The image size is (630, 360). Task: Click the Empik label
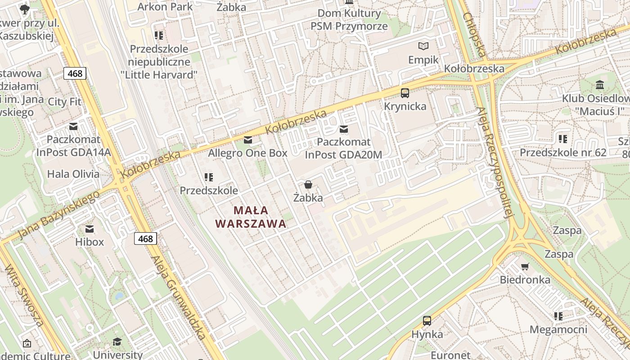point(423,60)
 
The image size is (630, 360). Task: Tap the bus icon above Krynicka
point(405,93)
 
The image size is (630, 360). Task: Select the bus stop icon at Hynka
point(427,321)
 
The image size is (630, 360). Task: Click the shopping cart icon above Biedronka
point(525,266)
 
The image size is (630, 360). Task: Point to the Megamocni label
point(558,329)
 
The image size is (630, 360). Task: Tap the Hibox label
point(90,242)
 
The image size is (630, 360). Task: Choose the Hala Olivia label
point(73,174)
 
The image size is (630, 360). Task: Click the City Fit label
point(64,102)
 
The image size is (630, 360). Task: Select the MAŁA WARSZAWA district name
point(251,217)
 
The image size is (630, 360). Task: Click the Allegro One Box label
point(247,153)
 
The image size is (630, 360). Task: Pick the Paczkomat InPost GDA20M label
point(344,148)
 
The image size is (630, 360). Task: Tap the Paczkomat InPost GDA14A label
point(73,145)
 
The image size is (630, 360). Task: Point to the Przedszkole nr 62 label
point(563,153)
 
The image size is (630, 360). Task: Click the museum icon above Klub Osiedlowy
point(600,85)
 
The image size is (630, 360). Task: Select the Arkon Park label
point(165,7)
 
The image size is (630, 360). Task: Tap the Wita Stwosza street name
point(24,295)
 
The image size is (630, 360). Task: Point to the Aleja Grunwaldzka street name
point(179,297)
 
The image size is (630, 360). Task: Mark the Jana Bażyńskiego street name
point(59,215)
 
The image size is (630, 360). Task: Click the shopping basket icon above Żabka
point(308,184)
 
